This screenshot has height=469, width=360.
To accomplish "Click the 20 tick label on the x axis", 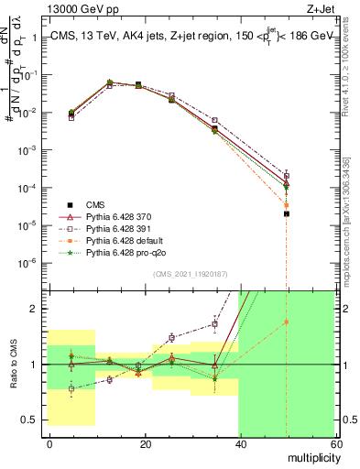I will click(144, 446).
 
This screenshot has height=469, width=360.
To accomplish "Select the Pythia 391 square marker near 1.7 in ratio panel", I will click(215, 324).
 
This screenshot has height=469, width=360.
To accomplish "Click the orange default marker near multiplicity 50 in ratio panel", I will click(287, 322).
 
